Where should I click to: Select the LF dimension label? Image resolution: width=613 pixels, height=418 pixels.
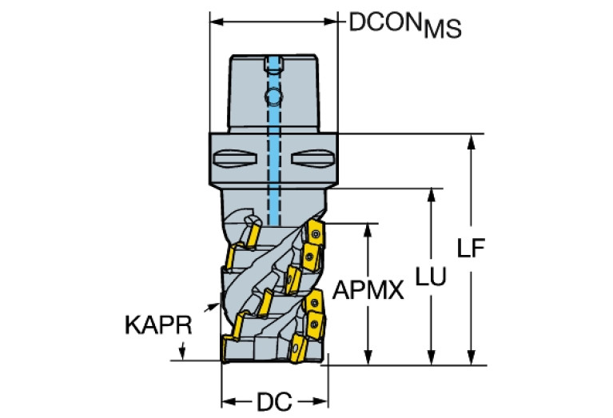tap(472, 249)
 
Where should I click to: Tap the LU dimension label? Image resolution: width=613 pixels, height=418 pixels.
tap(432, 275)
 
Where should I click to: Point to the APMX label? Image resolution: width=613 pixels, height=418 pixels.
tap(368, 289)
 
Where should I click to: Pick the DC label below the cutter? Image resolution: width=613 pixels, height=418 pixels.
tap(273, 400)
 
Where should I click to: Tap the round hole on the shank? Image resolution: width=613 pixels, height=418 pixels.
tap(273, 97)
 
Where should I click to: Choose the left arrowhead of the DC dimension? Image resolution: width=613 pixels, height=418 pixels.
tap(226, 400)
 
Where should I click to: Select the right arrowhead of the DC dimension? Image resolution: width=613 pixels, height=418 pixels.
tap(323, 400)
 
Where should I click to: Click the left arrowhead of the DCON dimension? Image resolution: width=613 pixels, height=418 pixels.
tap(215, 22)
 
